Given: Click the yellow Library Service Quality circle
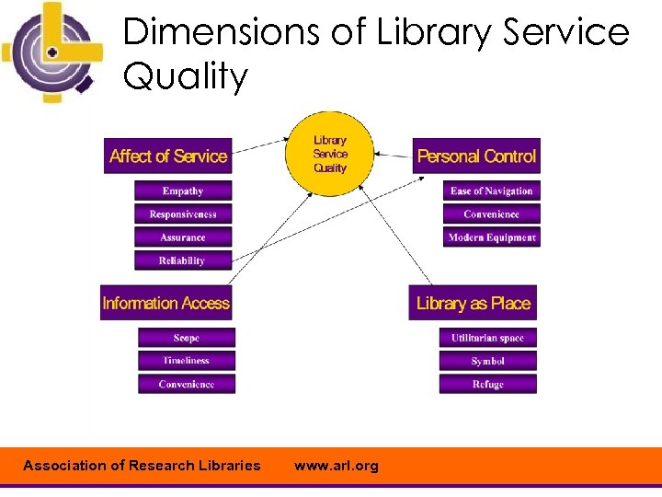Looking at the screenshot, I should point(330,154).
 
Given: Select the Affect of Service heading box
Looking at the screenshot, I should point(167,156).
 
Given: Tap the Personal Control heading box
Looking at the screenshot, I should point(476,156).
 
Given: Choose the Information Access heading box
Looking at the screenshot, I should point(166,303).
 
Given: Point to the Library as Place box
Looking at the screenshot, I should point(474,303).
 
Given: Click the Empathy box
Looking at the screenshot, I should point(183,191).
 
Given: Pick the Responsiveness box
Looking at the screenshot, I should point(183,214).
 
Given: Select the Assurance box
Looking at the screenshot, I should point(183,237).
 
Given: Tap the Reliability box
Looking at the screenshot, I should point(183,260).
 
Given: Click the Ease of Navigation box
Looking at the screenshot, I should point(491,191).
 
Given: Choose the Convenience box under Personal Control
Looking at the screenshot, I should point(491,214).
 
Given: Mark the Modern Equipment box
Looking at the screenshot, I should point(491,237).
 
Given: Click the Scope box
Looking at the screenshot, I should point(187,338).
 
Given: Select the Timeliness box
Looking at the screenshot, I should point(187,361).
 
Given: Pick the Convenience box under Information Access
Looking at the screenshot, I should point(187,384).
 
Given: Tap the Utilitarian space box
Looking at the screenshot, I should point(487,338).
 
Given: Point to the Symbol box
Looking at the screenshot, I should point(487,361).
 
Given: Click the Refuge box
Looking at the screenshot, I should point(487,384).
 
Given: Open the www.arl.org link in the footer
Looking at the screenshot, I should point(336,466).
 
